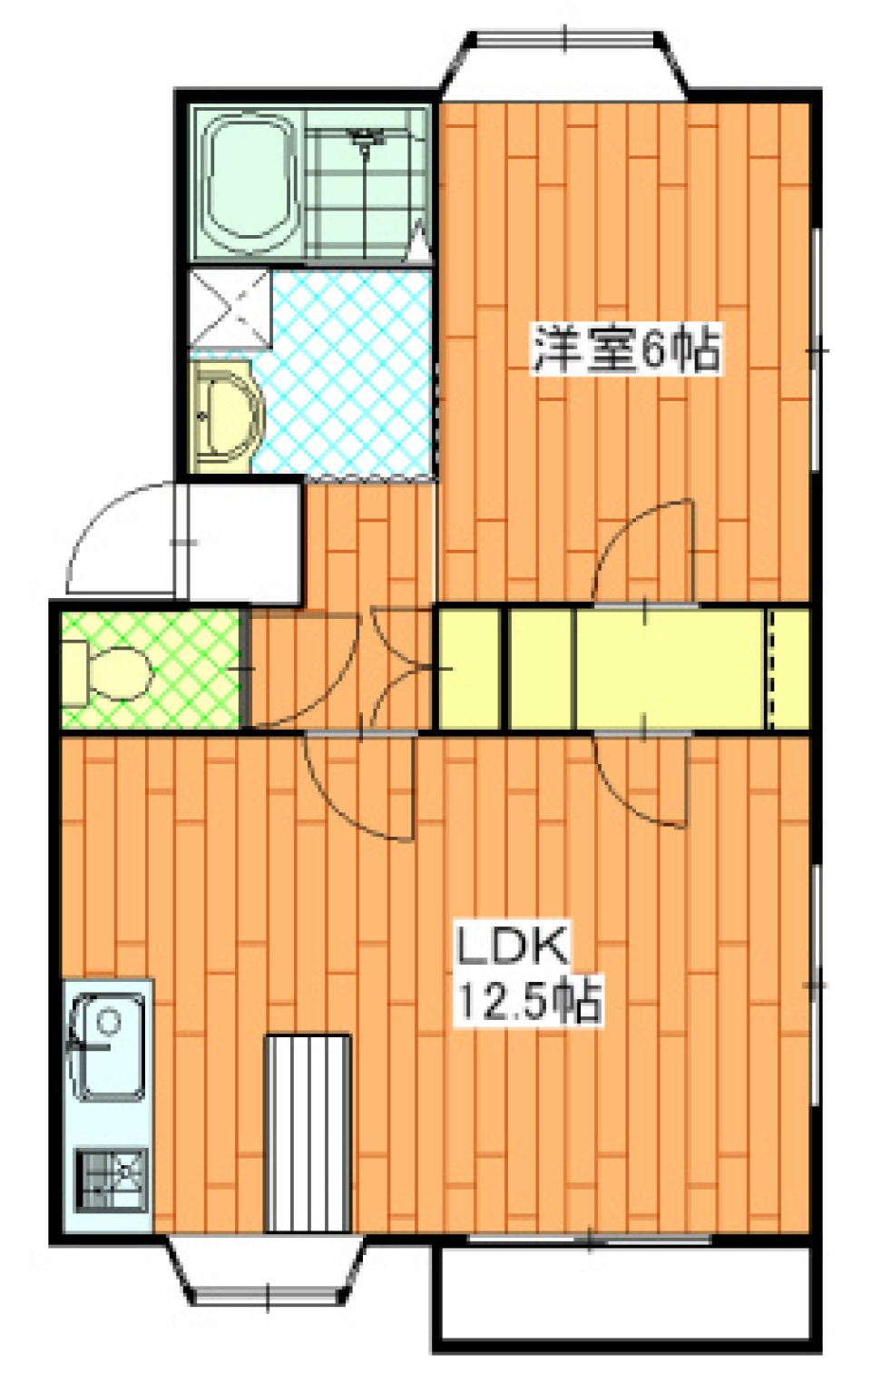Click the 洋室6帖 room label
(x=627, y=350)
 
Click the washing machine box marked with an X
(x=230, y=308)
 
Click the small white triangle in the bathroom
(x=419, y=244)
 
